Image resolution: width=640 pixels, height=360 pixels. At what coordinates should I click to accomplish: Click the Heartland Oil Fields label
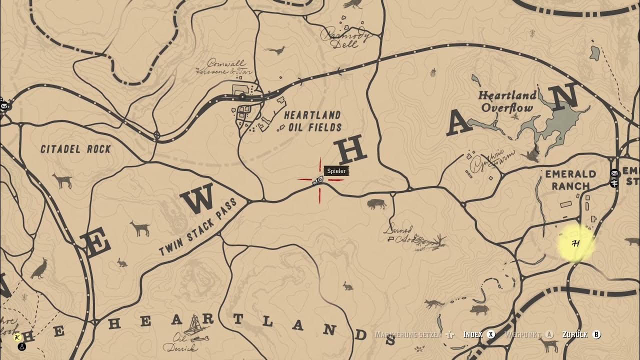pyautogui.click(x=313, y=121)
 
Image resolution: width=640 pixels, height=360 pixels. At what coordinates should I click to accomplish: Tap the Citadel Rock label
pyautogui.click(x=75, y=149)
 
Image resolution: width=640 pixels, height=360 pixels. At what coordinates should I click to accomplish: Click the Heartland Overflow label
pyautogui.click(x=507, y=101)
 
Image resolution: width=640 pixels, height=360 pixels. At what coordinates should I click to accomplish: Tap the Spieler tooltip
pyautogui.click(x=336, y=171)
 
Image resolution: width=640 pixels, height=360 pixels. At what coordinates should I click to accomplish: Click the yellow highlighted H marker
pyautogui.click(x=575, y=243)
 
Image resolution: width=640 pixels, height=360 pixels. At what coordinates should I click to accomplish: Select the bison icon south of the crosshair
pyautogui.click(x=376, y=203)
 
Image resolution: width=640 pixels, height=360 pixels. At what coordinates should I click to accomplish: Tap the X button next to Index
pyautogui.click(x=491, y=334)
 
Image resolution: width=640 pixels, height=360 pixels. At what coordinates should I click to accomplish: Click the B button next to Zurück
pyautogui.click(x=596, y=334)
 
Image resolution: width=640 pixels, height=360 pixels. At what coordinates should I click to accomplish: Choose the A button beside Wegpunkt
pyautogui.click(x=549, y=334)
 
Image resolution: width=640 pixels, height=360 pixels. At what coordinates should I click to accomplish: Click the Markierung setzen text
pyautogui.click(x=408, y=334)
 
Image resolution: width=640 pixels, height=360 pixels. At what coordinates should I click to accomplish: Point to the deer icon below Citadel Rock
pyautogui.click(x=62, y=180)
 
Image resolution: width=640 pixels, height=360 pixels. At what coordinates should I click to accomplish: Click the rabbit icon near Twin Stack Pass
pyautogui.click(x=121, y=262)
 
